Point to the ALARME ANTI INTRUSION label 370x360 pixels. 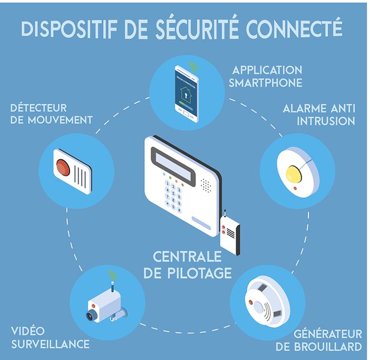click(x=319, y=114)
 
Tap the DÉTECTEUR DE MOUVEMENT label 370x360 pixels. click(x=51, y=114)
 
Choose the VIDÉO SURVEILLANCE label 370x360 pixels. click(x=49, y=338)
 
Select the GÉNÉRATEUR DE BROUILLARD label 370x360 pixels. click(x=327, y=340)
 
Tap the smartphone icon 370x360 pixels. click(x=186, y=92)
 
